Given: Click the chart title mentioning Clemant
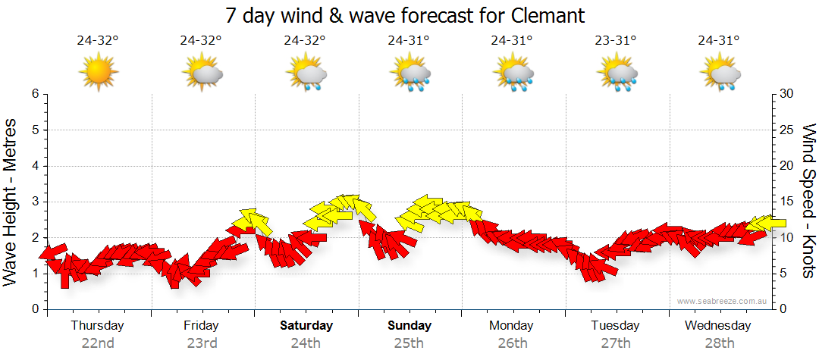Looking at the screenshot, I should pos(406,15).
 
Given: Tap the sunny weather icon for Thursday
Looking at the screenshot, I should pos(98,73).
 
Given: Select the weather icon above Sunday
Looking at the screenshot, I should pos(409,74).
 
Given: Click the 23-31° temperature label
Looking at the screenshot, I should pos(616,41).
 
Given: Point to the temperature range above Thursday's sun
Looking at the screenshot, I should pos(98,41).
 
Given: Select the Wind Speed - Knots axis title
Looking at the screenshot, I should pos(808,201).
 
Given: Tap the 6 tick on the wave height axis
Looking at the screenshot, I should pos(34,94).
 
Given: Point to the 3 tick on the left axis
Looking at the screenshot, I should pos(34,202).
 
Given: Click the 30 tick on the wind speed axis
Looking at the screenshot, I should pos(787,94).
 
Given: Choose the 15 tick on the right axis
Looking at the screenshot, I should pos(787,202).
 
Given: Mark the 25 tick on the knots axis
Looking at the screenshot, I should pos(787,130).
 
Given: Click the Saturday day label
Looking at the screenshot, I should pos(306,326).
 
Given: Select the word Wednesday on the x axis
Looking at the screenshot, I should pos(717,326).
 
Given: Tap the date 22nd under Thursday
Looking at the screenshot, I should pos(98,343).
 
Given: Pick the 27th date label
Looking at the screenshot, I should pos(616,343).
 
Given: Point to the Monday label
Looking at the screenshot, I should pos(512,326).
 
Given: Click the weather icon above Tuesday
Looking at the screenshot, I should pos(617,74).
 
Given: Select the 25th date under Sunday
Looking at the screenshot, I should pos(409,343).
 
